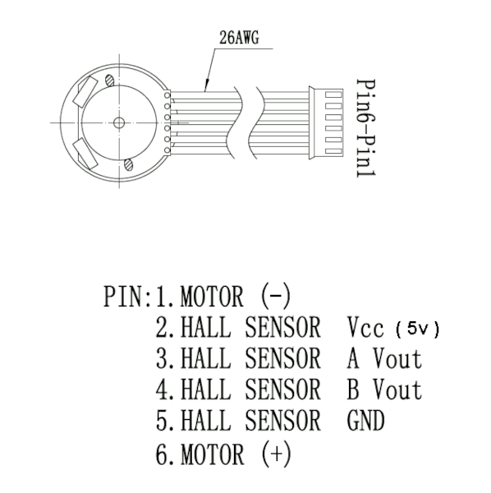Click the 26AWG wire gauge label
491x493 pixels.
[240, 38]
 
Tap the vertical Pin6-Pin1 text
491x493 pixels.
[366, 128]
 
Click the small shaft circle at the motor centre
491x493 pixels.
[119, 122]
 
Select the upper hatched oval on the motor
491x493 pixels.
[109, 80]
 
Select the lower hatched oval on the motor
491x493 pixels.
[129, 164]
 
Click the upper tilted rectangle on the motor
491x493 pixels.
[85, 91]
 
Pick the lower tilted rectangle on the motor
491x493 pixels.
[85, 154]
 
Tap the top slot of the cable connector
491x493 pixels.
[333, 94]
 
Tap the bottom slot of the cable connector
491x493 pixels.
[333, 151]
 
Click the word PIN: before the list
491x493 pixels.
[128, 296]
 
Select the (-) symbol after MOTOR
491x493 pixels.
[276, 296]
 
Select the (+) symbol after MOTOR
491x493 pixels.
[277, 454]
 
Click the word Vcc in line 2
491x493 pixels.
[365, 327]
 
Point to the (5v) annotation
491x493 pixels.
[417, 329]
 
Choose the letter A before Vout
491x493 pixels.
[353, 358]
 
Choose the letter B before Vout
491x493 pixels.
[353, 389]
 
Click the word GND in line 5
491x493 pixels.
[365, 421]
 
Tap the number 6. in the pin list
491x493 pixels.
[165, 454]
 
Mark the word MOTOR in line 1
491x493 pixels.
[212, 296]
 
